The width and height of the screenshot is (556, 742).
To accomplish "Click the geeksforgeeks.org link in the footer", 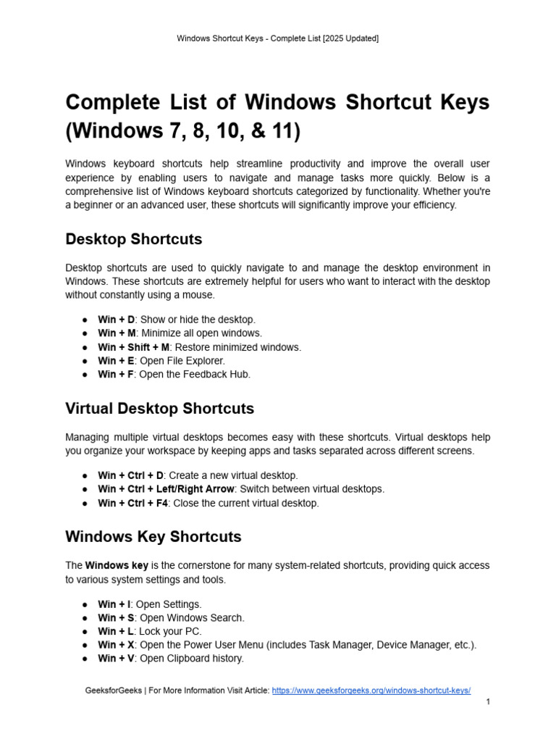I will pyautogui.click(x=371, y=691).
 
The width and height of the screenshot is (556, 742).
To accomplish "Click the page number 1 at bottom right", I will pyautogui.click(x=488, y=702).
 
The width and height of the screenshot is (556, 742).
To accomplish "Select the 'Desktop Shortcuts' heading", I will pyautogui.click(x=134, y=239).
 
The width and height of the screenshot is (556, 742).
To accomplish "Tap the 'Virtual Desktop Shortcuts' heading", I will pyautogui.click(x=159, y=409).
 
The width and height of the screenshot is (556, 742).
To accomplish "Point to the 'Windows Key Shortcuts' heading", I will pyautogui.click(x=153, y=537).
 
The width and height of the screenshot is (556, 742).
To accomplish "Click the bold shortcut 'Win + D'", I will pyautogui.click(x=116, y=320).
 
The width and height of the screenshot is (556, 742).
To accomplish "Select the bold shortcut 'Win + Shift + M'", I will pyautogui.click(x=134, y=347).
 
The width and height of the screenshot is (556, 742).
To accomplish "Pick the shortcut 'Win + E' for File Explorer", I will pyautogui.click(x=115, y=361).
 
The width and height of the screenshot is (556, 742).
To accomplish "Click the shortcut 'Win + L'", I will pyautogui.click(x=115, y=631).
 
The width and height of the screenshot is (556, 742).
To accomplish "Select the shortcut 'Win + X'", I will pyautogui.click(x=116, y=645).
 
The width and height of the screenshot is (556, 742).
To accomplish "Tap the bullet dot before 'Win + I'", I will pyautogui.click(x=85, y=604).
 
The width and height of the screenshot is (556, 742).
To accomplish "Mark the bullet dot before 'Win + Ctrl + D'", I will pyautogui.click(x=85, y=476).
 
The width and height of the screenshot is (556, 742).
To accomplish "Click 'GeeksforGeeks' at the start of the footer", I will pyautogui.click(x=113, y=691).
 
